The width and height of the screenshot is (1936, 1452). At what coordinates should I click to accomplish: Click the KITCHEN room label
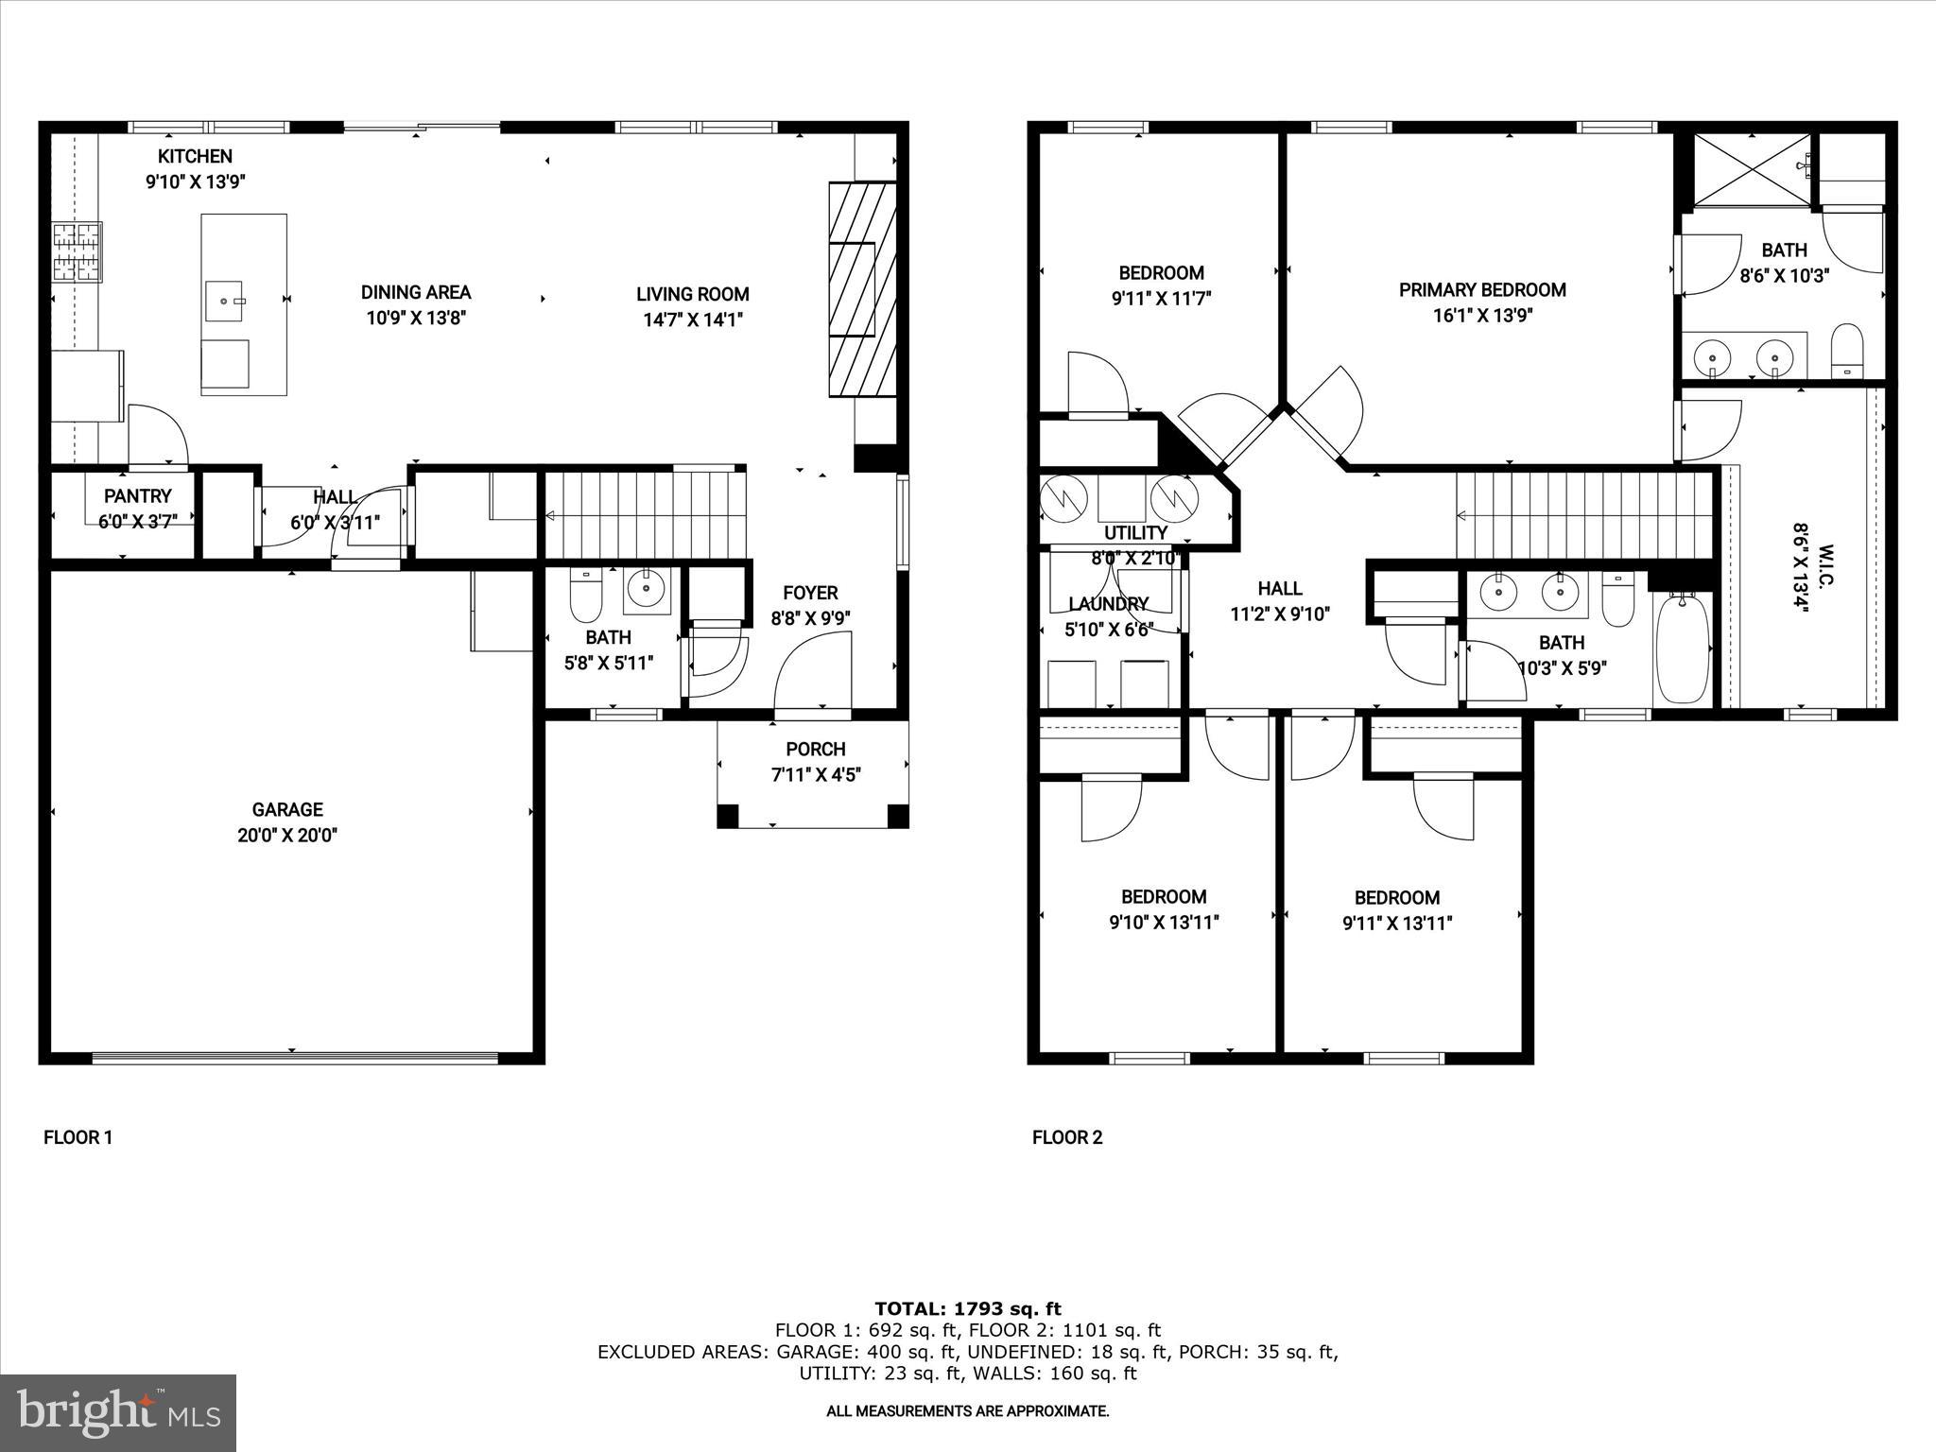(x=195, y=157)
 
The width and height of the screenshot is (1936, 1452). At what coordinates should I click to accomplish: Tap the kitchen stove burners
(x=76, y=252)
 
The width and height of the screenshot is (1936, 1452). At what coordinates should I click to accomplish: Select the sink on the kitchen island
(x=225, y=301)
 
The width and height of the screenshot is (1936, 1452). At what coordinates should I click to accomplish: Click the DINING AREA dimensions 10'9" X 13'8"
(x=416, y=319)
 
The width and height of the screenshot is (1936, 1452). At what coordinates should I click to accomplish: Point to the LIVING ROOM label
(x=692, y=295)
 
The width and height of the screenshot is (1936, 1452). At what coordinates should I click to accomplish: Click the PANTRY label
(x=138, y=496)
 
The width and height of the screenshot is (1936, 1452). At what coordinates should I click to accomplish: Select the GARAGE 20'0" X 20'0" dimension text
(x=287, y=836)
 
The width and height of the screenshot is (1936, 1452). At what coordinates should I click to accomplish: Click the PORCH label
(x=815, y=750)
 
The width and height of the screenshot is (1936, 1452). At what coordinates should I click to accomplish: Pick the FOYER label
(x=810, y=594)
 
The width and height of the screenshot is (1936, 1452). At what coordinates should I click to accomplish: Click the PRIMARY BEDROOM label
(x=1482, y=290)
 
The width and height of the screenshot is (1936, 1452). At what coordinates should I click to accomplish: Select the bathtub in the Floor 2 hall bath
(x=1683, y=648)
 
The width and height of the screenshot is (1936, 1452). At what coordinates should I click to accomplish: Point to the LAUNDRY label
(x=1108, y=604)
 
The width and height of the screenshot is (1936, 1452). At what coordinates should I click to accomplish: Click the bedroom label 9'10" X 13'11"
(x=1164, y=923)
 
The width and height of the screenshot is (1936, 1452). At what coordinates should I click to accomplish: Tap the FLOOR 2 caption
(x=1067, y=1137)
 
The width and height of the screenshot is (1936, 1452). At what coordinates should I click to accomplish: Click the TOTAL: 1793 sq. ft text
(x=967, y=1309)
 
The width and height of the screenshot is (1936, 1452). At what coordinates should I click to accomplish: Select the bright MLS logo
(x=118, y=1412)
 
